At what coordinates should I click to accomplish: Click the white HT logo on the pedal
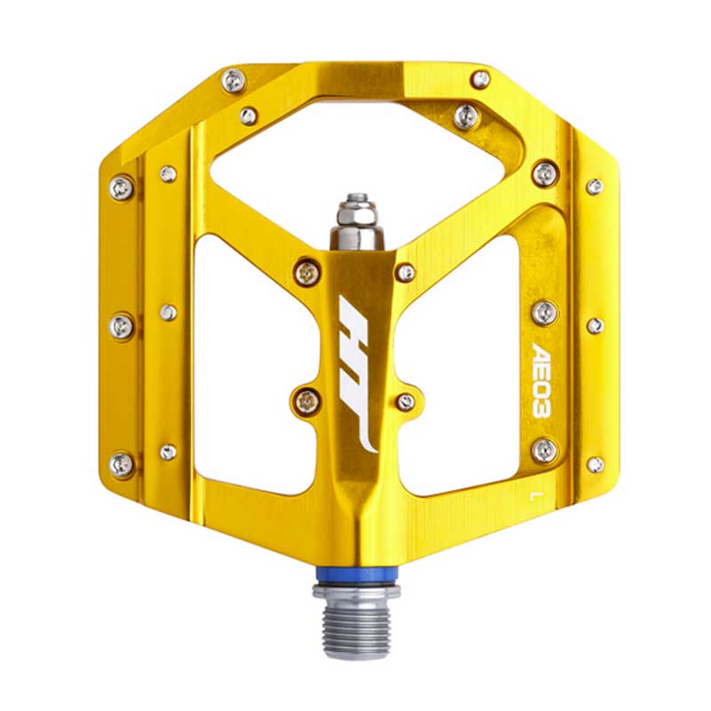358,374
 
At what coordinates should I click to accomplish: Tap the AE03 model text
541,380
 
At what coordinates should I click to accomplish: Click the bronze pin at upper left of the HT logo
308,273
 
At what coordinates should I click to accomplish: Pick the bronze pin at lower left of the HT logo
307,401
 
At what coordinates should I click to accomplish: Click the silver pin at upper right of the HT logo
406,273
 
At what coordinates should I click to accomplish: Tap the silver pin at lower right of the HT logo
405,402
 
